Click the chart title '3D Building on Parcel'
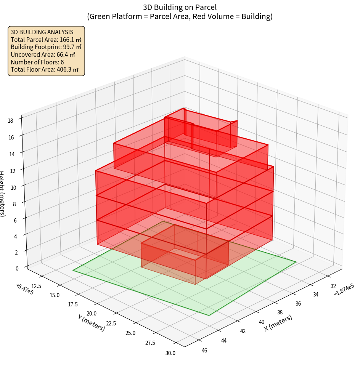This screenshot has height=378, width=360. tap(180, 7)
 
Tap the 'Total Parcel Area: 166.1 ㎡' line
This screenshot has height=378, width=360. tap(46, 40)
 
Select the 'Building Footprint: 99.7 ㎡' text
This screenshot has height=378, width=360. tap(46, 47)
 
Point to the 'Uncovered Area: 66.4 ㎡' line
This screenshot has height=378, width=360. tap(43, 54)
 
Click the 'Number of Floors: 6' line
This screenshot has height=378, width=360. tap(37, 62)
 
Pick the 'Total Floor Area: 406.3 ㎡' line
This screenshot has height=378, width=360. tap(45, 70)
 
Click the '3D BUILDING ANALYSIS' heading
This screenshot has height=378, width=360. tap(42, 32)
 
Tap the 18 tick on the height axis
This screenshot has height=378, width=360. tap(10, 121)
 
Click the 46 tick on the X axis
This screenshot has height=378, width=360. tap(204, 350)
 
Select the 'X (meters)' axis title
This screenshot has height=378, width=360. tap(278, 323)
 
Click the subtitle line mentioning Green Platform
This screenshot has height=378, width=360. tap(180, 16)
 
